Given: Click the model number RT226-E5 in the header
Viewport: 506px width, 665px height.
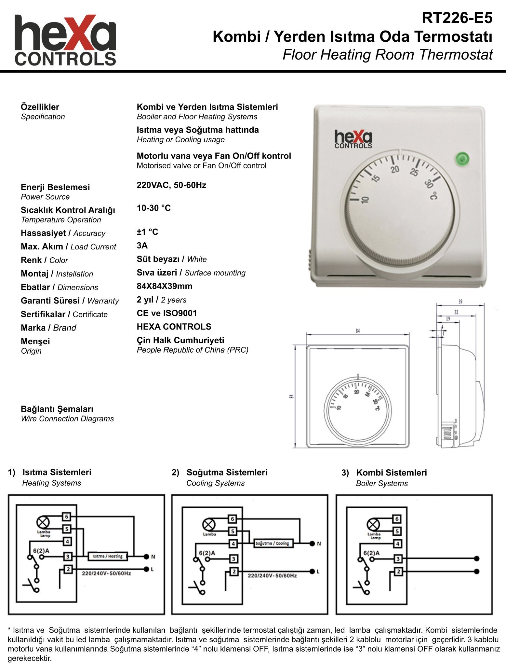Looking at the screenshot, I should coord(457,18).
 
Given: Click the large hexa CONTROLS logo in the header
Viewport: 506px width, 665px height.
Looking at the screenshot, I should coord(65,40).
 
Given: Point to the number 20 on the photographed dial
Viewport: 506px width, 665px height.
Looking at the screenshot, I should coord(395,169).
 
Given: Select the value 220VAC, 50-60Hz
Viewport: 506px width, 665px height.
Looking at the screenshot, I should coord(171,185).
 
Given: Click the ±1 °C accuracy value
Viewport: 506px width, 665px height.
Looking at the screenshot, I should coord(147,232).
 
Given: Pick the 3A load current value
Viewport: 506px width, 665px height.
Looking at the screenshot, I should coord(142,246).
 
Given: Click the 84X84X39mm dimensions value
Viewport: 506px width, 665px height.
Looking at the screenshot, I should coord(164,286).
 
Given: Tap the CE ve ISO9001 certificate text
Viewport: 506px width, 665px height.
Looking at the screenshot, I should coord(166,313).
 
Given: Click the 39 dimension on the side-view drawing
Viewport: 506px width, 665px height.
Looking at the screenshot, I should coord(460,302).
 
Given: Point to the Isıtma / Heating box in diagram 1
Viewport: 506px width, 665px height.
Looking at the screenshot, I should coord(108,556).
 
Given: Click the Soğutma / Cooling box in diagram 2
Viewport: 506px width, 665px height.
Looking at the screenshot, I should coord(272,543).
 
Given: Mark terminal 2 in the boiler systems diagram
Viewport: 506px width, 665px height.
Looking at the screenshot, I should coord(398,571).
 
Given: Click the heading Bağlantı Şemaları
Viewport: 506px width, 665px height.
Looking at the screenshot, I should coord(57,409).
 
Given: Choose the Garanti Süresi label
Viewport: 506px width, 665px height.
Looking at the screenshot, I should coord(50,301).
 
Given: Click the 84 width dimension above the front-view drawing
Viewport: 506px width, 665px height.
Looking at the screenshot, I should coord(358,331).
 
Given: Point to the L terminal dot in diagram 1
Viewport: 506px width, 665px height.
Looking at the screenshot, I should coord(146,569).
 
